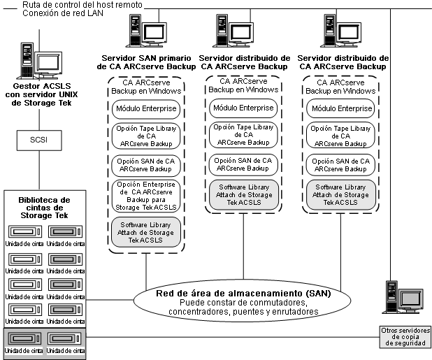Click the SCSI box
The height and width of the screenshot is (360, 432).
(38, 140)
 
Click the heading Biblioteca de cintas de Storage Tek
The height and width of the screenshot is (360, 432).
(40, 207)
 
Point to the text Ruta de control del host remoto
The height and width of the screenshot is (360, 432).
(82, 5)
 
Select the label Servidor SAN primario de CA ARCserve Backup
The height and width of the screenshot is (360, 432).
(145, 62)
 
